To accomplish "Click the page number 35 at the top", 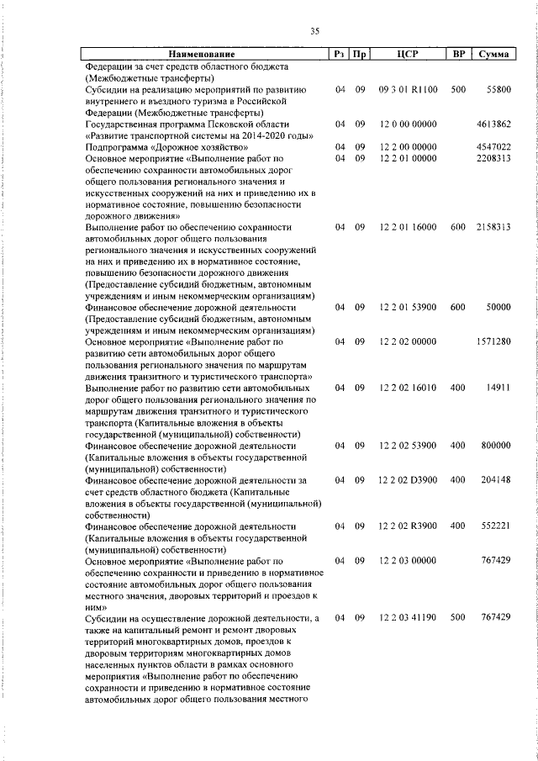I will point(314,31).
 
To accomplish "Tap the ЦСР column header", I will point(407,55).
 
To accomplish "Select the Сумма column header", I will point(492,55).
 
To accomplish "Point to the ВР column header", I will point(458,55).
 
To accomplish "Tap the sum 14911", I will point(498,388).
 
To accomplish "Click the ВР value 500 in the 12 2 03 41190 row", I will point(458,618).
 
